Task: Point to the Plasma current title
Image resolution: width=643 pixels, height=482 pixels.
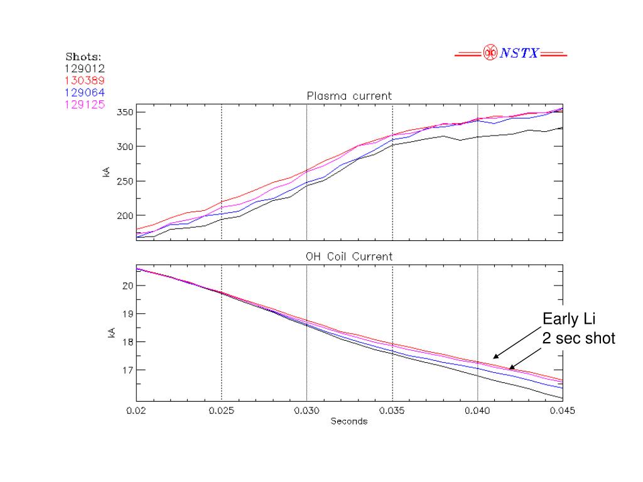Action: (349, 96)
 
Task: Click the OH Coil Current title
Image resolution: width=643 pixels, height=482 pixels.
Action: (349, 256)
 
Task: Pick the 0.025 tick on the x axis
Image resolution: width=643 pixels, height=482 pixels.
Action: (221, 412)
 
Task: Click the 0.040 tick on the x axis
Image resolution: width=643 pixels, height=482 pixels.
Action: (477, 412)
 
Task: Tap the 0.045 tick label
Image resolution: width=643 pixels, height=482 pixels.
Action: (562, 412)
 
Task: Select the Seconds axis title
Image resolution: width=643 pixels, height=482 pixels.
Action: (349, 422)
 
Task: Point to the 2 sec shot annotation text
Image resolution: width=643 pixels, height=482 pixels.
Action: (578, 339)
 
